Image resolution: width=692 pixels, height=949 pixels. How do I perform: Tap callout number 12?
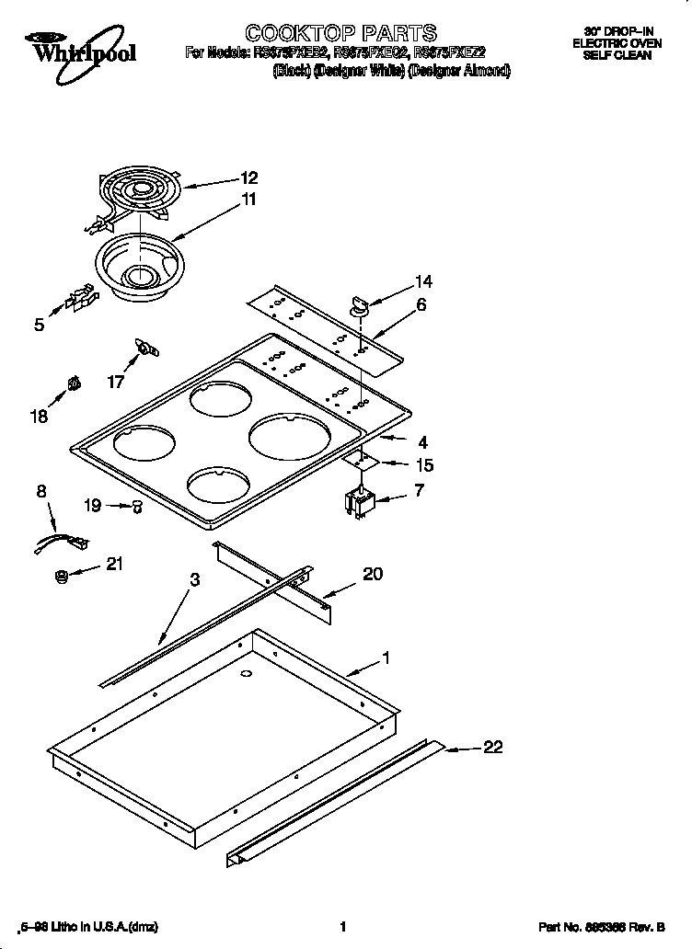[249, 178]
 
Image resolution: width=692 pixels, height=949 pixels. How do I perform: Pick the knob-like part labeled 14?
[358, 304]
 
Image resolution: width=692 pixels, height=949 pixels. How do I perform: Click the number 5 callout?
[39, 324]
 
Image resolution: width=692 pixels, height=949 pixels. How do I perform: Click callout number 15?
[424, 465]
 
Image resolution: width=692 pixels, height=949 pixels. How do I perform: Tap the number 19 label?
[92, 504]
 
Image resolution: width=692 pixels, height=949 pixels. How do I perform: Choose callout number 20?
[373, 574]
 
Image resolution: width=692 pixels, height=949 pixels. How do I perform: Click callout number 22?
[493, 748]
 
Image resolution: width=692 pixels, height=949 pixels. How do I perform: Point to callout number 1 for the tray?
[386, 657]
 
